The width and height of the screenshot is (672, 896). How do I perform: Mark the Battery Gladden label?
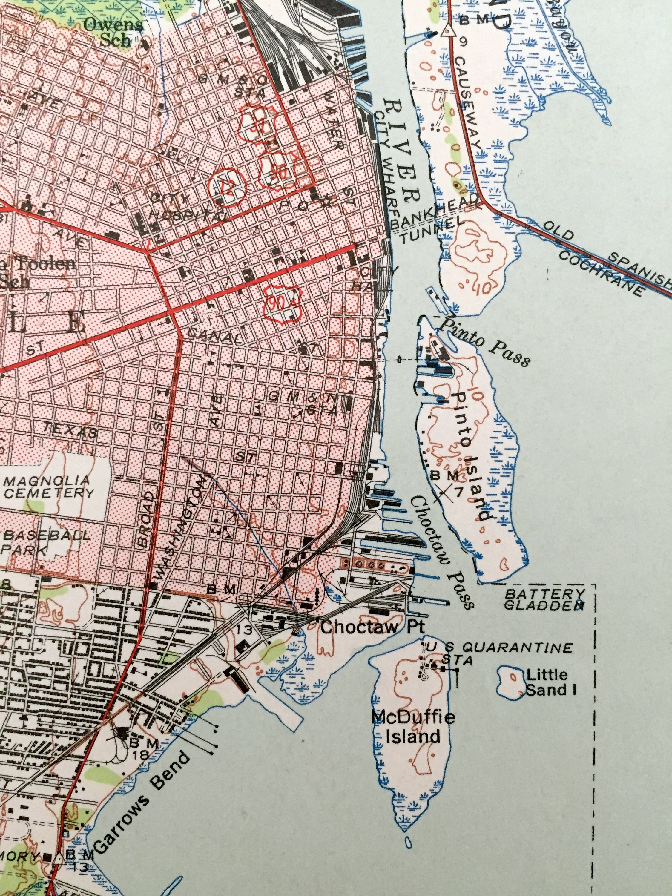point(544,599)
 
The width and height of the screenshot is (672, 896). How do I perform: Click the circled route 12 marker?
point(226,187)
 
